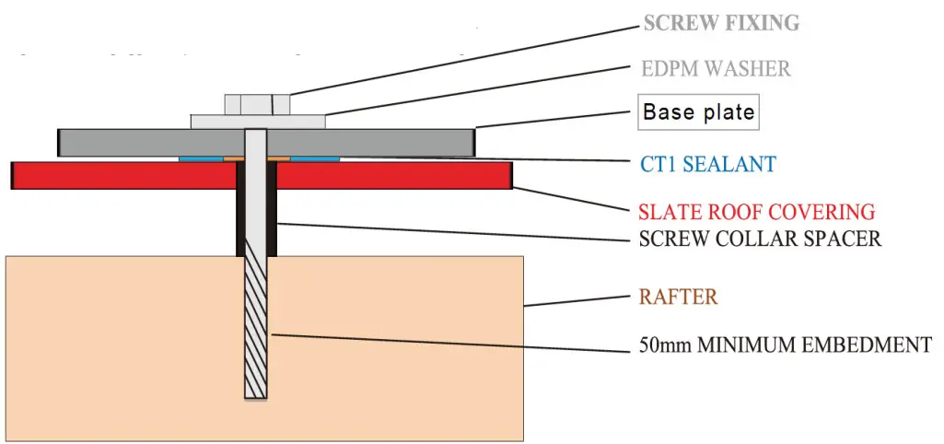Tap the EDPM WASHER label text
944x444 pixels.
[x=715, y=68]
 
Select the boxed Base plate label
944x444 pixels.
[x=698, y=113]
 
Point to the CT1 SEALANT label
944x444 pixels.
[x=708, y=165]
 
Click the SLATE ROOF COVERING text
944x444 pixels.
[x=756, y=212]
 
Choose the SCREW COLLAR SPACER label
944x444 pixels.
[x=760, y=239]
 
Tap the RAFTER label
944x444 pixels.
[x=678, y=298]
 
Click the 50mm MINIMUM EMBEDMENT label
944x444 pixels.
[x=785, y=346]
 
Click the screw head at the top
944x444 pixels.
[x=257, y=104]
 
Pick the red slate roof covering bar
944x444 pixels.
[x=120, y=175]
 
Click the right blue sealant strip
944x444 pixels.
[x=314, y=158]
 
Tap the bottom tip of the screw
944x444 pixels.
[x=256, y=395]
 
